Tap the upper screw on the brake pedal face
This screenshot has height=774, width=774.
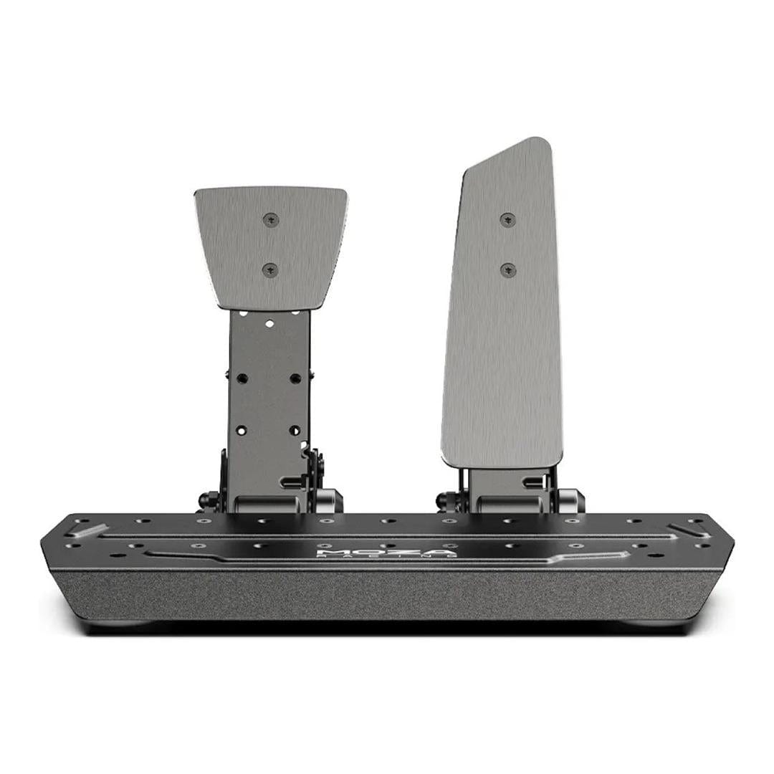[270, 219]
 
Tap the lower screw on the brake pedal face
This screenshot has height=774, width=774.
[270, 269]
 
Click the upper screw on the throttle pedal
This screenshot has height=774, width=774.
[507, 219]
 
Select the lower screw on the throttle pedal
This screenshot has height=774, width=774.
[507, 269]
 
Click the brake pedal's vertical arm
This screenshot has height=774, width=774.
[269, 401]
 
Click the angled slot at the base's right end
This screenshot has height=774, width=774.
[689, 531]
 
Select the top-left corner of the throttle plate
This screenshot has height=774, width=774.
[467, 171]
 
